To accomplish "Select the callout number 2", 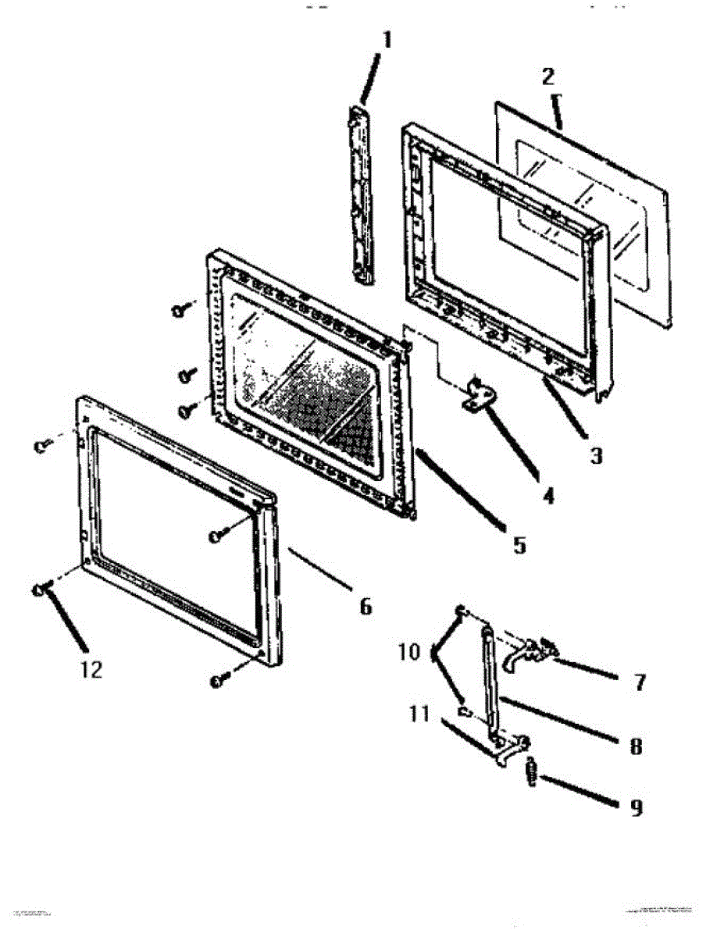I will (x=548, y=76).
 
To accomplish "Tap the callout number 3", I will (x=596, y=455).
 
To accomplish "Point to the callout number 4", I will (x=549, y=495).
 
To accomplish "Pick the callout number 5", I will (x=519, y=544).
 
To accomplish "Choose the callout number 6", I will (x=365, y=606).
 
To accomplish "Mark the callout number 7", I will (x=640, y=682).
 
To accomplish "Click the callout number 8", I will (x=635, y=746).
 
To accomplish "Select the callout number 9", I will (x=637, y=807).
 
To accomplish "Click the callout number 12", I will (x=91, y=669).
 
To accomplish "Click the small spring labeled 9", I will (x=532, y=774).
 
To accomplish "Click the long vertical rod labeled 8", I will (x=490, y=679).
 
